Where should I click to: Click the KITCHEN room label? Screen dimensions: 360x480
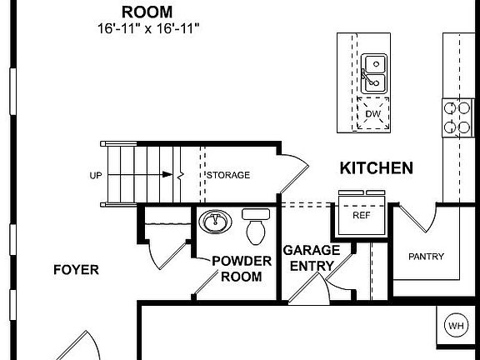376,168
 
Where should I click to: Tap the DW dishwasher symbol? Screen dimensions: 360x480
373,113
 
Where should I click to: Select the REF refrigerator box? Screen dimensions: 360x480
361,215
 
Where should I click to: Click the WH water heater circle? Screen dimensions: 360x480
456,325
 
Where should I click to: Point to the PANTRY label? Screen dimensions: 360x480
426,257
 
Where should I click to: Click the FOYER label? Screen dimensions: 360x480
76,270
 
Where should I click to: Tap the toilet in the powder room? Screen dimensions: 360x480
256,225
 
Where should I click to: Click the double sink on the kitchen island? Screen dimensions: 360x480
373,72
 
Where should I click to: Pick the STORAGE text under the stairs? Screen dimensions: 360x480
228,175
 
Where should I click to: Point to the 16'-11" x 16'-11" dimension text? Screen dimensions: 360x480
147,28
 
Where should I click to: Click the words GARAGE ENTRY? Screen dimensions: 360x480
311,258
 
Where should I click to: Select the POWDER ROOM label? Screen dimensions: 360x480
242,268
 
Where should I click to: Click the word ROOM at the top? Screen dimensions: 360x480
147,12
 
